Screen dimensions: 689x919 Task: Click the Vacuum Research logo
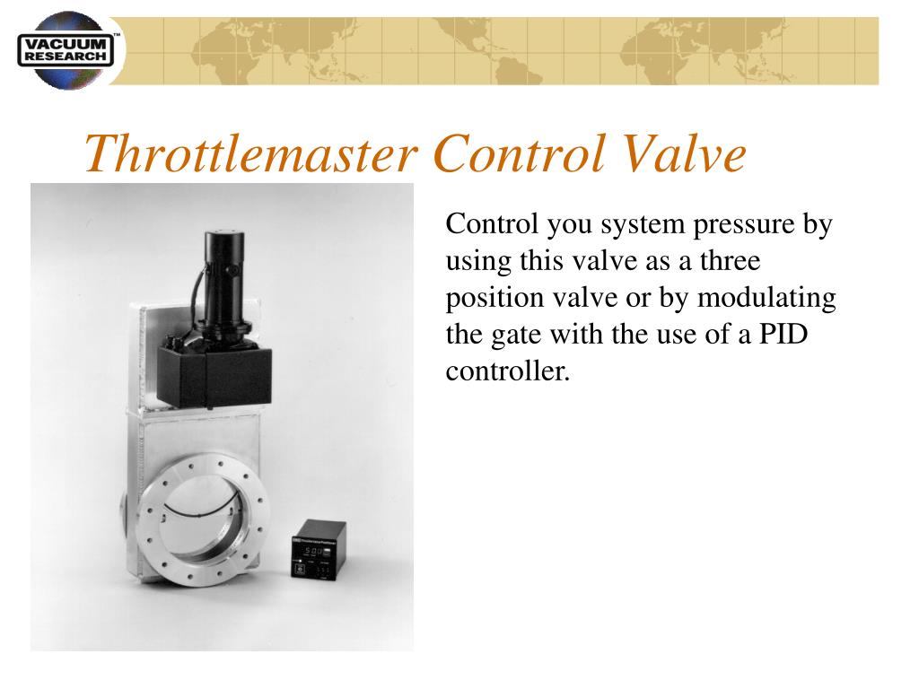click(68, 50)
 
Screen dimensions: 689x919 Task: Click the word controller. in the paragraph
click(508, 371)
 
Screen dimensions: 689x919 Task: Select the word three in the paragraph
click(731, 261)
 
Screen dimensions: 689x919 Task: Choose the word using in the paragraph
click(477, 262)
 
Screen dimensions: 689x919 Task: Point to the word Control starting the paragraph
click(491, 224)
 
